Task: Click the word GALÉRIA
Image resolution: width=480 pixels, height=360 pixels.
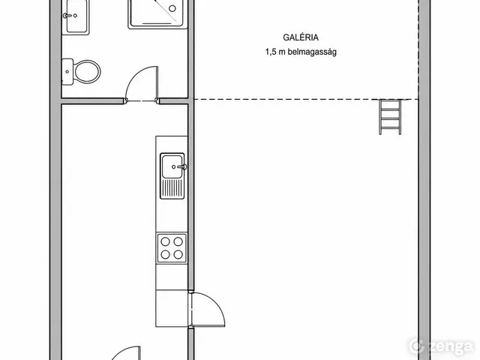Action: click(301, 37)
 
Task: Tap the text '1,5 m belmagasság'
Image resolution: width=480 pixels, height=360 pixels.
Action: click(301, 52)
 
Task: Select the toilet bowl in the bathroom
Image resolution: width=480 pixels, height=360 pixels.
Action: click(87, 72)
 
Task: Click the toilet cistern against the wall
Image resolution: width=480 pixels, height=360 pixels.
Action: click(67, 72)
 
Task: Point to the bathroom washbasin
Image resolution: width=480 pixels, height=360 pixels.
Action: click(76, 16)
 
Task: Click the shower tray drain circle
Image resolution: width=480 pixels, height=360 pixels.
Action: click(172, 8)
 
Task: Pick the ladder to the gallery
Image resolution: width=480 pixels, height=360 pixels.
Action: click(390, 117)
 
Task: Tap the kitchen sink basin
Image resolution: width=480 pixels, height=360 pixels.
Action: click(172, 166)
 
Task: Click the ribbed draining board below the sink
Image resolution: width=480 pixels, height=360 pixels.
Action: click(172, 188)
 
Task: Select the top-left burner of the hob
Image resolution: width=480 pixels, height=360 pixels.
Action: click(165, 241)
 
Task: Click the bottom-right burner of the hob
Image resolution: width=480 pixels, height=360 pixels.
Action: click(178, 254)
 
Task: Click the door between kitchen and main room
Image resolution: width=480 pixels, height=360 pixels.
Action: click(208, 309)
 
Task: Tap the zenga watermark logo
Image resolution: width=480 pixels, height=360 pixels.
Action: click(441, 346)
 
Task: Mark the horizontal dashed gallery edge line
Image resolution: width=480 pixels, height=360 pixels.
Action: click(306, 99)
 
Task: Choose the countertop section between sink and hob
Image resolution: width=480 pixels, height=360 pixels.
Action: click(172, 216)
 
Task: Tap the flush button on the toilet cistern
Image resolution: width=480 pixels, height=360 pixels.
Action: click(67, 72)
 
